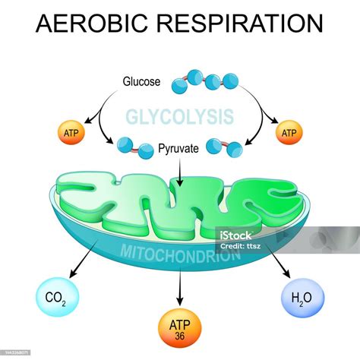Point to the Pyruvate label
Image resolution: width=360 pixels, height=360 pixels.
coord(179,150)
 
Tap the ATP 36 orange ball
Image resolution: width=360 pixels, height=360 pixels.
coord(180,327)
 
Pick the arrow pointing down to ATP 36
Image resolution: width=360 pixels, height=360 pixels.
coord(180,287)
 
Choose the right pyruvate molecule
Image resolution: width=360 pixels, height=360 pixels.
coord(225,147)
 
